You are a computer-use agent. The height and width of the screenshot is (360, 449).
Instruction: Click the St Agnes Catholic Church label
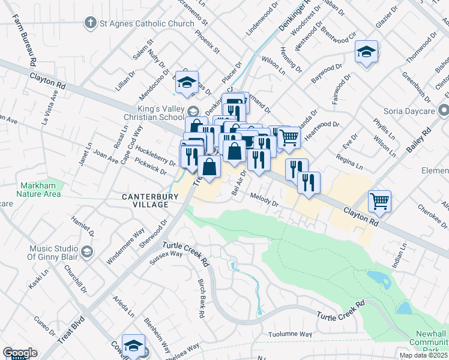pos(143,24)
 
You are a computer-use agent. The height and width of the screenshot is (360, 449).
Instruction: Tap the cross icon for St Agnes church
pos(90,23)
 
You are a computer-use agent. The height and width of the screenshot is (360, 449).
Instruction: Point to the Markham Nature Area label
pos(40,189)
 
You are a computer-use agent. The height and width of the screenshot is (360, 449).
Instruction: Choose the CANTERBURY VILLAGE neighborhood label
pos(146,200)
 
